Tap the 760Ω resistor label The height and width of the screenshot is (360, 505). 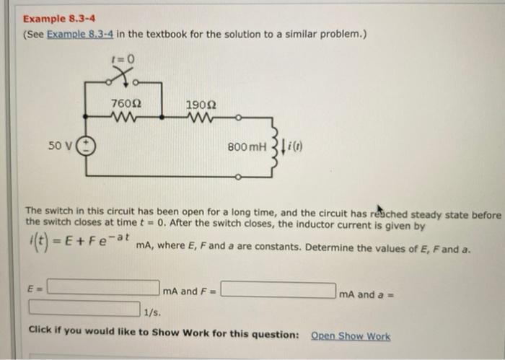coord(126,104)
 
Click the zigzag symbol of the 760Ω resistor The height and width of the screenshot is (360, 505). coord(126,118)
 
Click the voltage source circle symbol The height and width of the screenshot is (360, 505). coord(85,146)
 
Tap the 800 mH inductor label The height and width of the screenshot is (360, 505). coord(245,147)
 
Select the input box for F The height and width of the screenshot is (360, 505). coord(278,291)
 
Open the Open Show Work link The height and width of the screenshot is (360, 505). coord(350,335)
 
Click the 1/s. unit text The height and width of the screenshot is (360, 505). coord(152,312)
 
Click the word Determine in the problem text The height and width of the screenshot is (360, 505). coord(330,249)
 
